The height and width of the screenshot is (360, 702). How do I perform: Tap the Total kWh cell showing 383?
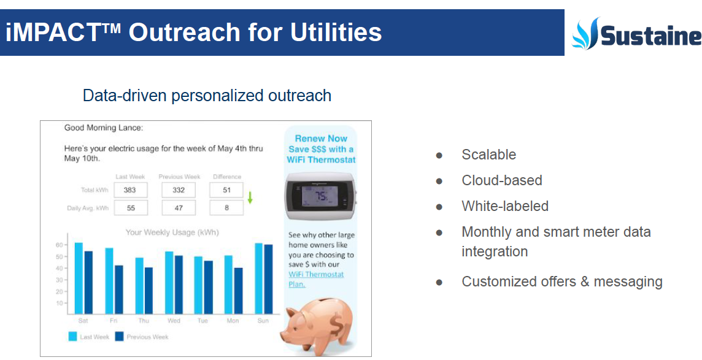[x=130, y=190]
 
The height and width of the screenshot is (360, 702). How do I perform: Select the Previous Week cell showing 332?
[x=179, y=190]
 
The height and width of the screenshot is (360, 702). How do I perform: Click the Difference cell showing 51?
[x=226, y=190]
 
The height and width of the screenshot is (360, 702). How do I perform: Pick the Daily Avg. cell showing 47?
[x=179, y=208]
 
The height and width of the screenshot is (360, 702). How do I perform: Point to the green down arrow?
[x=250, y=197]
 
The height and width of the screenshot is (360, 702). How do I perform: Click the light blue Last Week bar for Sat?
[x=79, y=278]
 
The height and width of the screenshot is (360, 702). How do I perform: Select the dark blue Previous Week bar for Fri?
[x=118, y=290]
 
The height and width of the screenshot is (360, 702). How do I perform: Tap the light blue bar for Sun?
[x=259, y=278]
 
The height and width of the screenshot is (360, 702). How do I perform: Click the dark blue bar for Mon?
[x=238, y=291]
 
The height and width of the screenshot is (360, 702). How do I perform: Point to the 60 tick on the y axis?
[x=59, y=245]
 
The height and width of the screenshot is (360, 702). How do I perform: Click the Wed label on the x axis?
[x=174, y=321]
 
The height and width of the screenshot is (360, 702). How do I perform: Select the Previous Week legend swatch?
[x=119, y=336]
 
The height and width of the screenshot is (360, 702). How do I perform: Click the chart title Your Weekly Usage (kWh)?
[x=172, y=232]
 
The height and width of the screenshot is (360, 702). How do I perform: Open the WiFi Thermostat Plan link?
[x=316, y=279]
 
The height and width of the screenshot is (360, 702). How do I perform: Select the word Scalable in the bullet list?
[x=489, y=155]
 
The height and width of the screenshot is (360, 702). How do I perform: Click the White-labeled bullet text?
[x=505, y=206]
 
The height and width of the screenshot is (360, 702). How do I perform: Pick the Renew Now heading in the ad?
[x=321, y=139]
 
